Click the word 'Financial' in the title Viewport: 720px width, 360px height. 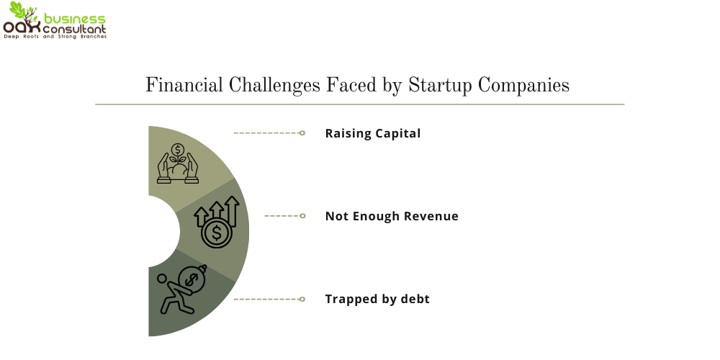[x=184, y=85]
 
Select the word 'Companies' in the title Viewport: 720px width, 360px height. [x=524, y=86]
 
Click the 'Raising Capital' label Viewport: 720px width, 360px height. [x=373, y=133]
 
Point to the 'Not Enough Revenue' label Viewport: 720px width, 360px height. [x=392, y=216]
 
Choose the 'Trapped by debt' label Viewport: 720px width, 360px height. [x=377, y=299]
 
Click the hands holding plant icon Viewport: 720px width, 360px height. [x=178, y=163]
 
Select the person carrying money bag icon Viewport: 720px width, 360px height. [x=182, y=289]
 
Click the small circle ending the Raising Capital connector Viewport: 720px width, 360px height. [x=302, y=133]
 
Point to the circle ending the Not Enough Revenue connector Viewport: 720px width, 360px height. [x=302, y=216]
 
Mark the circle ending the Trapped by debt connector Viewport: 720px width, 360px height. [x=302, y=300]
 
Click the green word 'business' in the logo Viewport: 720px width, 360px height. [x=75, y=19]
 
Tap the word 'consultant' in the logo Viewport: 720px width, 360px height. [x=74, y=29]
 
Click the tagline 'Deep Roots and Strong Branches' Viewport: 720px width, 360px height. [x=55, y=37]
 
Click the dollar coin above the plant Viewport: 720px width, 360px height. [x=177, y=149]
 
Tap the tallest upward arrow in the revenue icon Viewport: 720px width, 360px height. [x=233, y=211]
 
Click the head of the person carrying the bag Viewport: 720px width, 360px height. [x=163, y=279]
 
